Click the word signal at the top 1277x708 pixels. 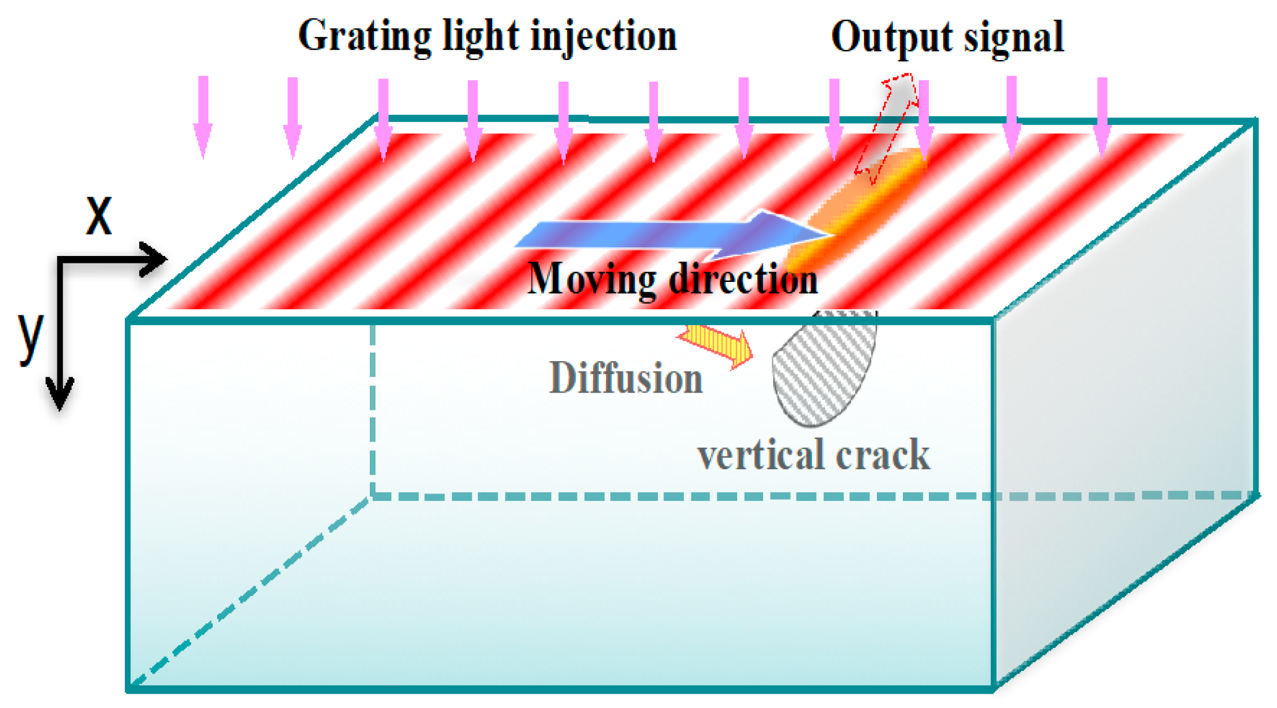pyautogui.click(x=1014, y=37)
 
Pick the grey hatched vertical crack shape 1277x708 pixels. pyautogui.click(x=822, y=371)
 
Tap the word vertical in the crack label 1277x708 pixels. pyautogui.click(x=760, y=455)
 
